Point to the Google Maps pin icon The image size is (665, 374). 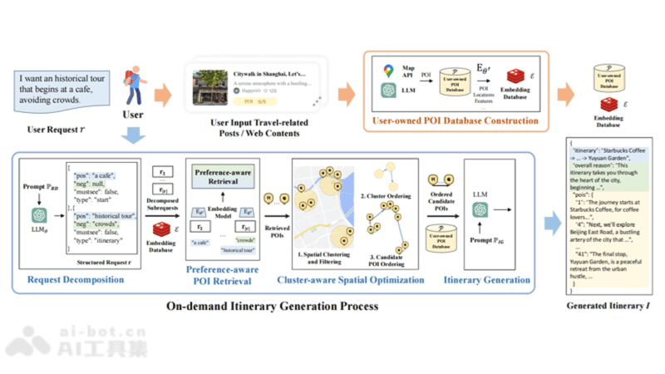[387, 72]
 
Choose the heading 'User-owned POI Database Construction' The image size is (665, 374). [455, 121]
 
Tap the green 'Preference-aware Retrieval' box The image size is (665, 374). [223, 176]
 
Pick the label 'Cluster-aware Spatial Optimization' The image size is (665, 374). [356, 280]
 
